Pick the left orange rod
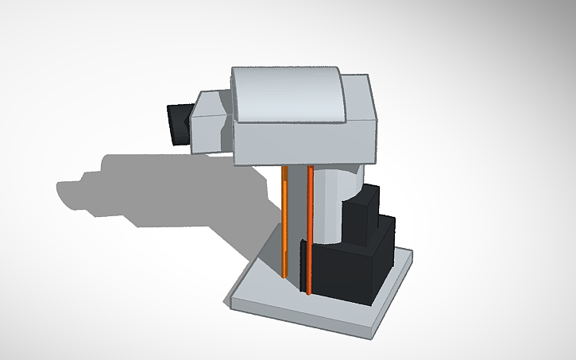(284, 223)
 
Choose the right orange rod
(309, 230)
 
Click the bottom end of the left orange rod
(284, 276)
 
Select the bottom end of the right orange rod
(309, 293)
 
